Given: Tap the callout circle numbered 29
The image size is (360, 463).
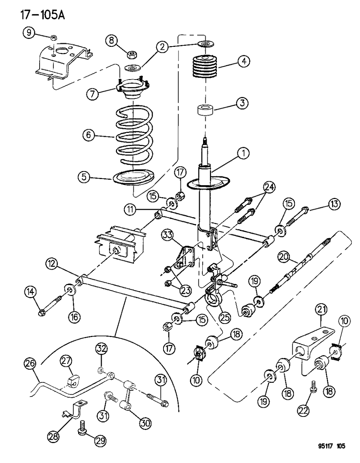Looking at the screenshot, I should pyautogui.click(x=100, y=441).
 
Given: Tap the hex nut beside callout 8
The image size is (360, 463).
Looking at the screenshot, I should pyautogui.click(x=132, y=55).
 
